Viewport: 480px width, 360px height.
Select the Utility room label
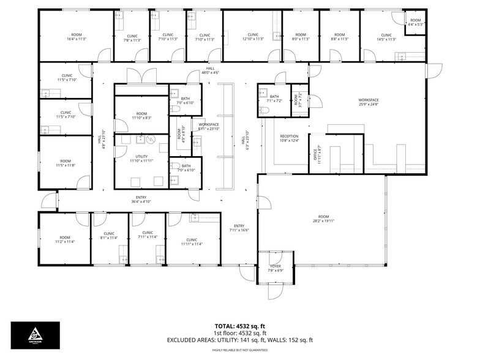(x=141, y=157)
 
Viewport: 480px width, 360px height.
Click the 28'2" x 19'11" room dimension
(x=323, y=219)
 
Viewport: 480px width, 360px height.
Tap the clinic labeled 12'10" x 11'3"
(x=253, y=37)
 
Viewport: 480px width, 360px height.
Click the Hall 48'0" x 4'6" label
(x=210, y=70)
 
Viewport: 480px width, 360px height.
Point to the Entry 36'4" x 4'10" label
(x=141, y=199)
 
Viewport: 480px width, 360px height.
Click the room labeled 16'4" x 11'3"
(x=77, y=37)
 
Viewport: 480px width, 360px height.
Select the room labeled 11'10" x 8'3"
(x=141, y=115)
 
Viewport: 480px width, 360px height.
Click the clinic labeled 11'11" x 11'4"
(x=192, y=241)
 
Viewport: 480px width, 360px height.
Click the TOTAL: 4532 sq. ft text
(x=239, y=326)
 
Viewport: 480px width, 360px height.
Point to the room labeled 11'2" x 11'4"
(x=65, y=239)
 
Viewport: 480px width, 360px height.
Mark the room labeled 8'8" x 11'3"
(x=339, y=37)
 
